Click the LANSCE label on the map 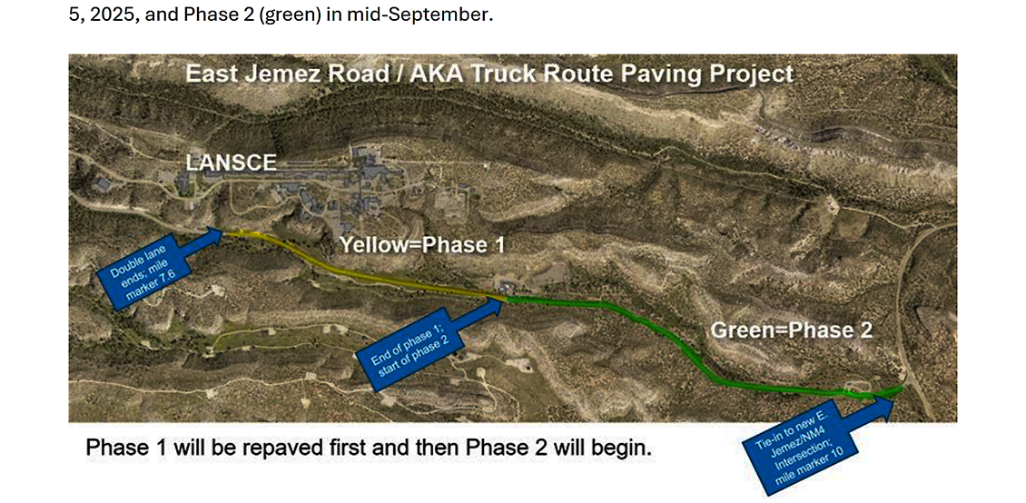click(x=231, y=163)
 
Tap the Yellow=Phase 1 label click(x=422, y=245)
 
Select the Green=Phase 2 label click(x=792, y=330)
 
